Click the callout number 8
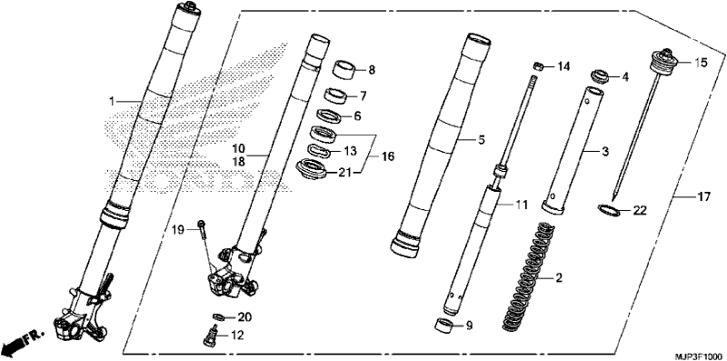(372, 71)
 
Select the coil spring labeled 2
(530, 276)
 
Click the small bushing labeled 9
(445, 326)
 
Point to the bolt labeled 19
(202, 230)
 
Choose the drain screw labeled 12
(211, 336)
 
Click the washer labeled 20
(218, 317)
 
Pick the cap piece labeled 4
(600, 76)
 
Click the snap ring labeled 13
(320, 151)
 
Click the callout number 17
(703, 197)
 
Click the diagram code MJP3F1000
(701, 356)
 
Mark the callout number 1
(112, 100)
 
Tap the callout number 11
(522, 206)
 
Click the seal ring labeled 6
(330, 115)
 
